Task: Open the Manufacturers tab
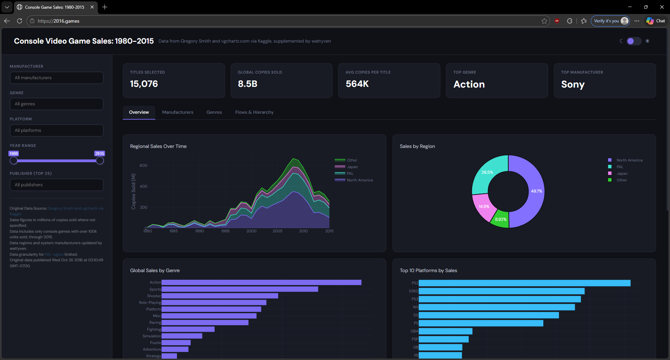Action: click(177, 112)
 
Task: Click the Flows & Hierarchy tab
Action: click(254, 112)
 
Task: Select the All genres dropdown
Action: click(57, 104)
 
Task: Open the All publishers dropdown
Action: click(57, 185)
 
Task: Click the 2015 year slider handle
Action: click(100, 161)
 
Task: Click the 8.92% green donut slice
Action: click(500, 219)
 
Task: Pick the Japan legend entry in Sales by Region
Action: click(621, 173)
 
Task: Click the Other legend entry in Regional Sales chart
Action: click(352, 160)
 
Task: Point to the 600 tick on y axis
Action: click(143, 165)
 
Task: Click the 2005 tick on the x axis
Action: click(277, 231)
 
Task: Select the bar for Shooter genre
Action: click(220, 296)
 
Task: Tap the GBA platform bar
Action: click(445, 331)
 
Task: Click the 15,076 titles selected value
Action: click(144, 84)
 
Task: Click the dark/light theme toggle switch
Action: click(634, 41)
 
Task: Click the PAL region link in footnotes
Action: click(54, 254)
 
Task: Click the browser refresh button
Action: click(20, 21)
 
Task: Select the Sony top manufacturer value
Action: click(573, 84)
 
